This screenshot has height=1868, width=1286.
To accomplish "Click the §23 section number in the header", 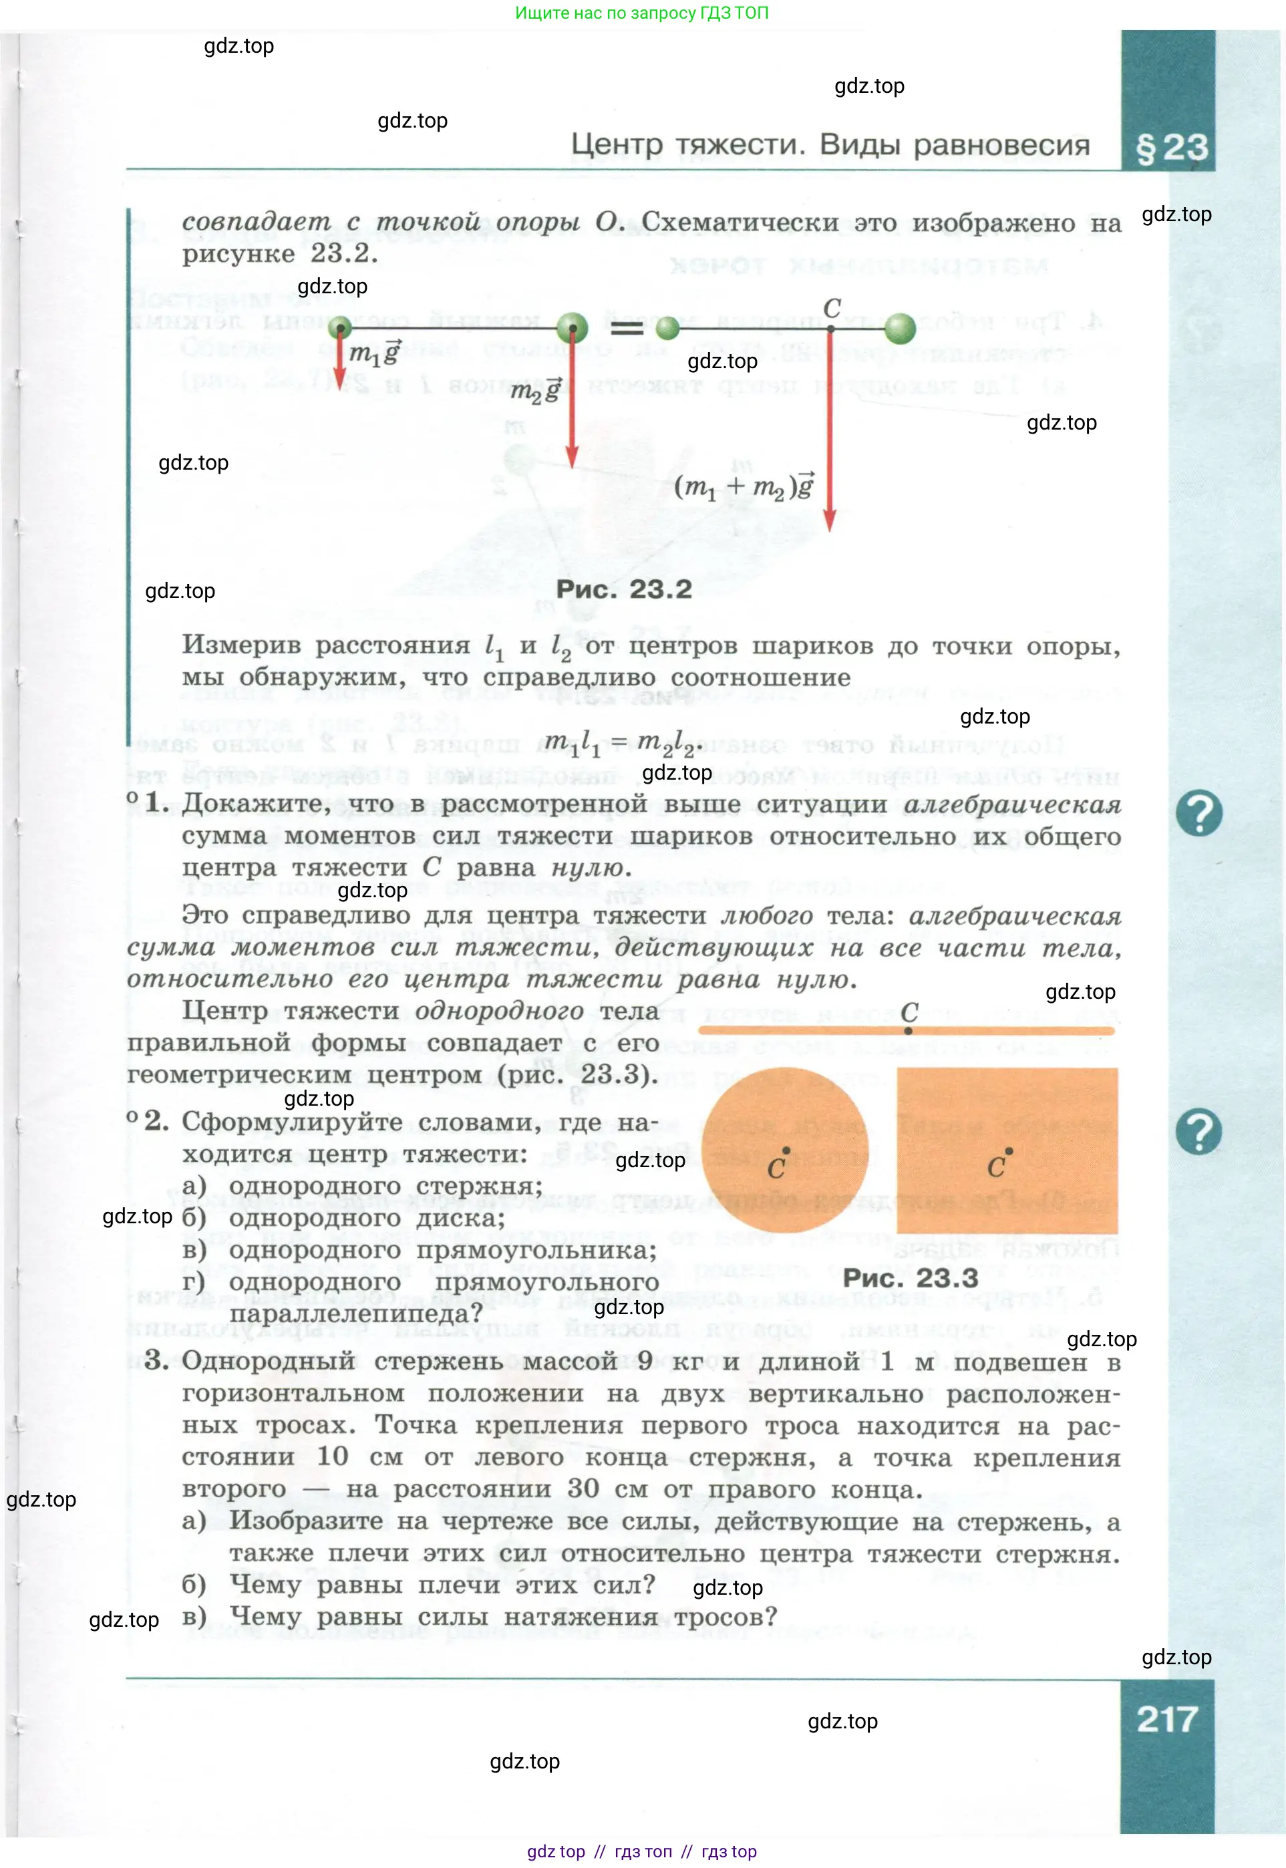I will [1171, 148].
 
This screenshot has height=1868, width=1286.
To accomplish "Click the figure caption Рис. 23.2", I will [624, 589].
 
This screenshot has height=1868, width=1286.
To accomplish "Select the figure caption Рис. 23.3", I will [910, 1278].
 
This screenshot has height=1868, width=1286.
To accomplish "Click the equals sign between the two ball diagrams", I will [626, 328].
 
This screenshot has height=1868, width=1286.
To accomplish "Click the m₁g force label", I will [375, 353].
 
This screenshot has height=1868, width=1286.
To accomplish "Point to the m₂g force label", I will [535, 391].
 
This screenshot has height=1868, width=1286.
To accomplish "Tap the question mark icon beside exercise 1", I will [1198, 813].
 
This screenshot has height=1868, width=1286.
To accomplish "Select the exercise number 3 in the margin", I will [156, 1360].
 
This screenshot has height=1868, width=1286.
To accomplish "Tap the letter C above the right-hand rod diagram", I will [832, 308].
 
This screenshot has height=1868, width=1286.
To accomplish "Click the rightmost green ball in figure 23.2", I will [899, 328].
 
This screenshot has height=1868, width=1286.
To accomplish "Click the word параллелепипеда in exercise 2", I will [356, 1313].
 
